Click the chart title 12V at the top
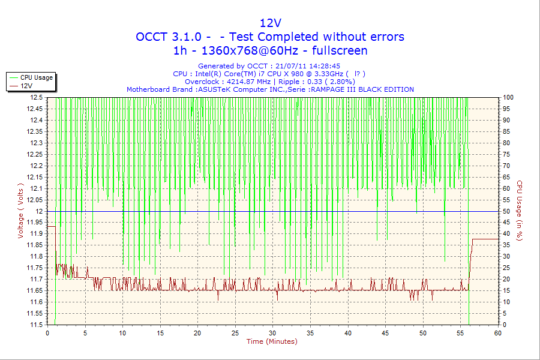[x=270, y=23]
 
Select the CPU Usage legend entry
[x=36, y=77]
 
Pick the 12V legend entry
[x=26, y=86]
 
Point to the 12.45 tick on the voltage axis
[x=34, y=109]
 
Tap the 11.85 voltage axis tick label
[x=34, y=245]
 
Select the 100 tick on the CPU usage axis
[x=508, y=97]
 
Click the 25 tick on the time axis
[x=235, y=332]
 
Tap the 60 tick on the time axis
[x=497, y=332]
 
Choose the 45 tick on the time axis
[x=386, y=332]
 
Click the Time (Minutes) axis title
[x=272, y=341]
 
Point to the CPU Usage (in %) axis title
[x=520, y=211]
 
